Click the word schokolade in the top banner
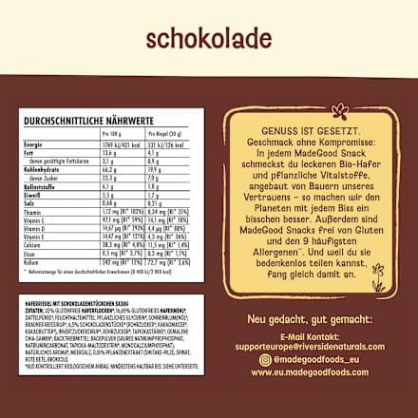[x=209, y=37]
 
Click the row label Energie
[x=34, y=143]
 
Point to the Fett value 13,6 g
[x=110, y=152]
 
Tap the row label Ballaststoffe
[x=42, y=186]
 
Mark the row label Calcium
[x=36, y=245]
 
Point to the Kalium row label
[x=34, y=262]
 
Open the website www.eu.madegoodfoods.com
[x=309, y=372]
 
